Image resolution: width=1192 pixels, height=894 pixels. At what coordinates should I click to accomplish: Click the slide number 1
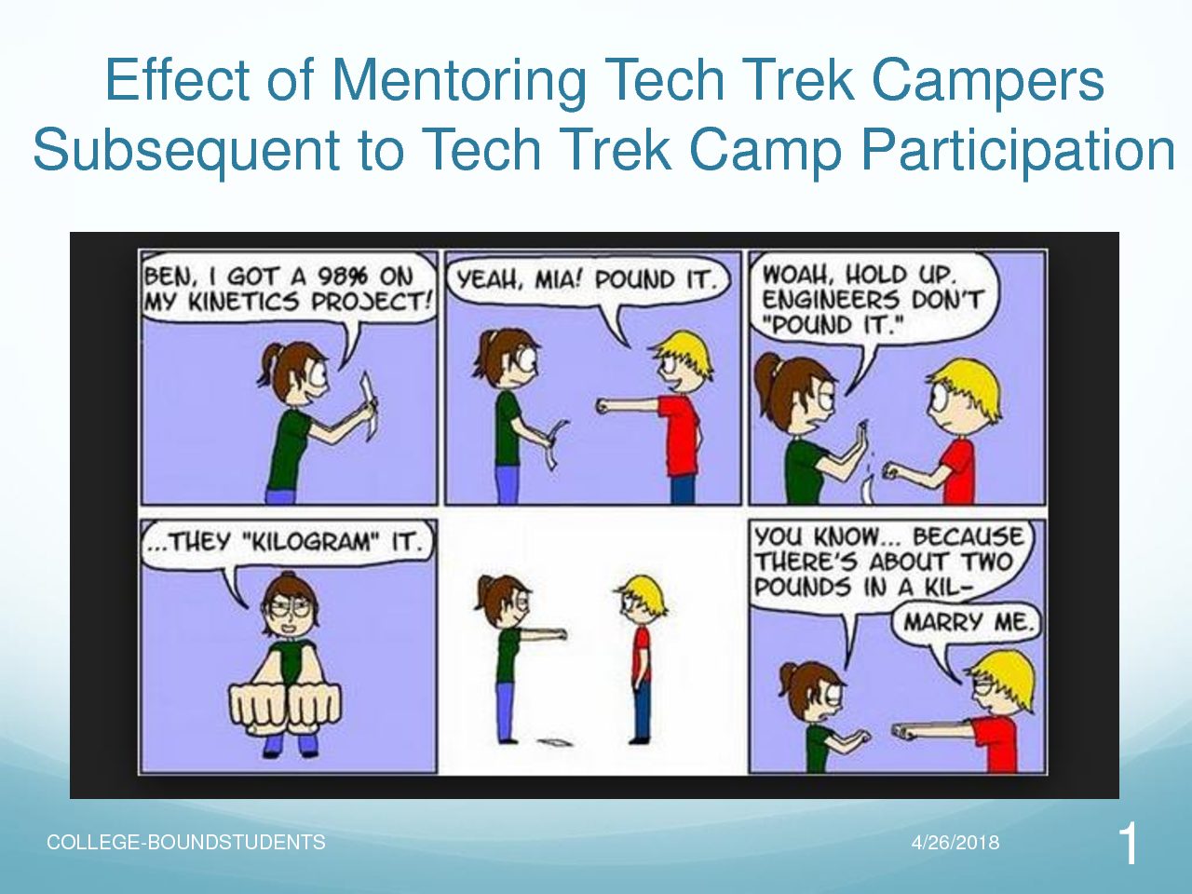1128,845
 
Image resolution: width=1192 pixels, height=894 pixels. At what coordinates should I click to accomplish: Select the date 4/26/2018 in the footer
955,843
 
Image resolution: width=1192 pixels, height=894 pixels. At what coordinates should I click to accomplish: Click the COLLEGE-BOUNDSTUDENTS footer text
185,843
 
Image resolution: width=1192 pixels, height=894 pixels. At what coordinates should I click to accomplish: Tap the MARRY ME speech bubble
968,621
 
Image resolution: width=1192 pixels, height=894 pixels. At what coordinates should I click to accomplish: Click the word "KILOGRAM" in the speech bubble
312,542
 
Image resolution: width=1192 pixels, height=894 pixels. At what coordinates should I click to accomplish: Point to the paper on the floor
554,741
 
